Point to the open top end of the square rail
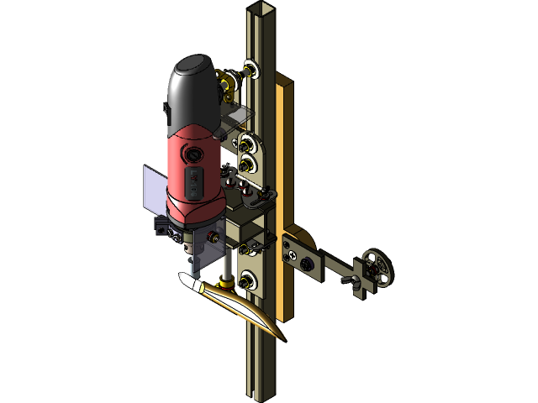(x=256, y=10)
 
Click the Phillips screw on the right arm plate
(x=290, y=249)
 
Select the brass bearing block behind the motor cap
(x=226, y=85)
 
